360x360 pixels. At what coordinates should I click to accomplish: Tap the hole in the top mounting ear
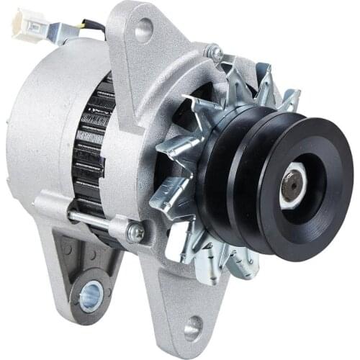(143, 30)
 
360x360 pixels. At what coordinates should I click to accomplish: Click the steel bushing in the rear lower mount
(90, 294)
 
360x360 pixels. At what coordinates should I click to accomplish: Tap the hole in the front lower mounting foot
(192, 329)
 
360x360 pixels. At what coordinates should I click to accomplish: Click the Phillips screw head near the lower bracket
(136, 233)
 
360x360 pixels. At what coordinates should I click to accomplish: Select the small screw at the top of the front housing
(214, 53)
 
